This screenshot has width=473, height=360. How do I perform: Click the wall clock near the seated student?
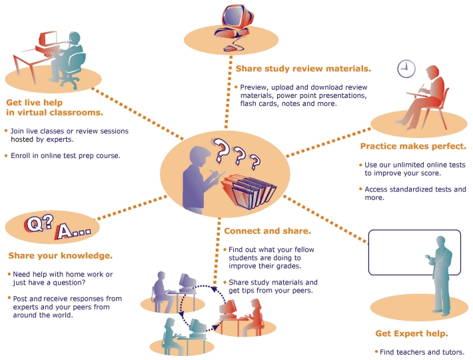pos(406,68)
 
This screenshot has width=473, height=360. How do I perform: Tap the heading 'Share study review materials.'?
pos(303,69)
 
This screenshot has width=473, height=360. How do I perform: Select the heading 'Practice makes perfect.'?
pos(412,146)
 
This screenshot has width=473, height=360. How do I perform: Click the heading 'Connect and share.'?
pos(267,231)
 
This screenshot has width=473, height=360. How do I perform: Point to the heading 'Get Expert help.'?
pos(411,333)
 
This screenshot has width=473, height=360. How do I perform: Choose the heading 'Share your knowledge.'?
pos(60,255)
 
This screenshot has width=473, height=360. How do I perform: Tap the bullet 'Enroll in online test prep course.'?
pos(65,155)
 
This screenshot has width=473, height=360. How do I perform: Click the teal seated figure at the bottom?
pos(170,331)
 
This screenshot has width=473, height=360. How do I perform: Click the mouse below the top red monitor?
pos(230,48)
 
